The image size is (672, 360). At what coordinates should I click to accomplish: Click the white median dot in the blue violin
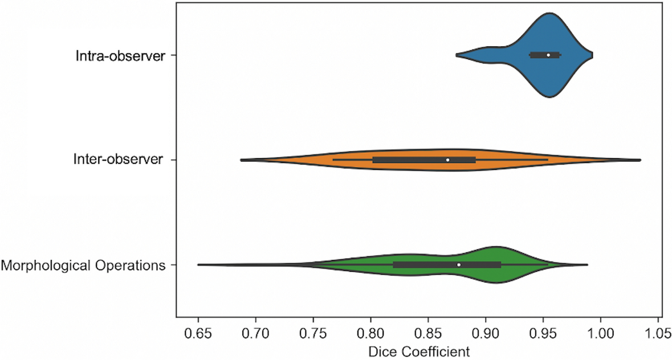pyautogui.click(x=548, y=55)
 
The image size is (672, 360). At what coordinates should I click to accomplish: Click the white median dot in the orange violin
pyautogui.click(x=447, y=160)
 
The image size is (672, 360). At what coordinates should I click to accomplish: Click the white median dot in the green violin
pyautogui.click(x=458, y=265)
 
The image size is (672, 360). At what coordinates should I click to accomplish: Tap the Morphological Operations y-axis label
pyautogui.click(x=84, y=265)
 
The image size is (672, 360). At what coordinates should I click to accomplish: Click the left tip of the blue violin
pyautogui.click(x=457, y=55)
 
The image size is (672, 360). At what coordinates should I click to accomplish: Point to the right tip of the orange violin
pyautogui.click(x=640, y=160)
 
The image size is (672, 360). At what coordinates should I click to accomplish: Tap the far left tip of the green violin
pyautogui.click(x=198, y=265)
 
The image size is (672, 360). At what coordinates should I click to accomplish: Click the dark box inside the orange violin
pyautogui.click(x=410, y=160)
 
